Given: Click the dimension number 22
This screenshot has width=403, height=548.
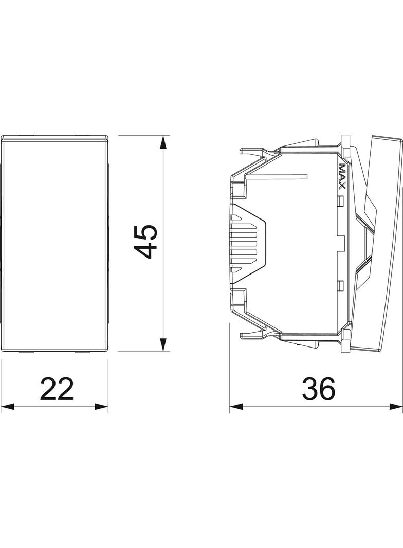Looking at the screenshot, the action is coord(57,388).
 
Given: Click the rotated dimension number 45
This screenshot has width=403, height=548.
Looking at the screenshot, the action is coord(146,242).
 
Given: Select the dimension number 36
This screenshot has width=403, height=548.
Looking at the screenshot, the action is coord(318,388).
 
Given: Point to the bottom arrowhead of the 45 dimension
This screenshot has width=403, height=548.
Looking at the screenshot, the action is coord(163,344).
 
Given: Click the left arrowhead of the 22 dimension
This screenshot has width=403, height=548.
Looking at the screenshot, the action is coord(8,407).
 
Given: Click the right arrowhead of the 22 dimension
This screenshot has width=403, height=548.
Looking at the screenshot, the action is coord(101,407).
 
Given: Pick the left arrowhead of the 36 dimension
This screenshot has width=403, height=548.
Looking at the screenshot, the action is coord(236,406).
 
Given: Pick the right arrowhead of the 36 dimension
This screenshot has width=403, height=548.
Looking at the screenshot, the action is coord(396,406).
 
